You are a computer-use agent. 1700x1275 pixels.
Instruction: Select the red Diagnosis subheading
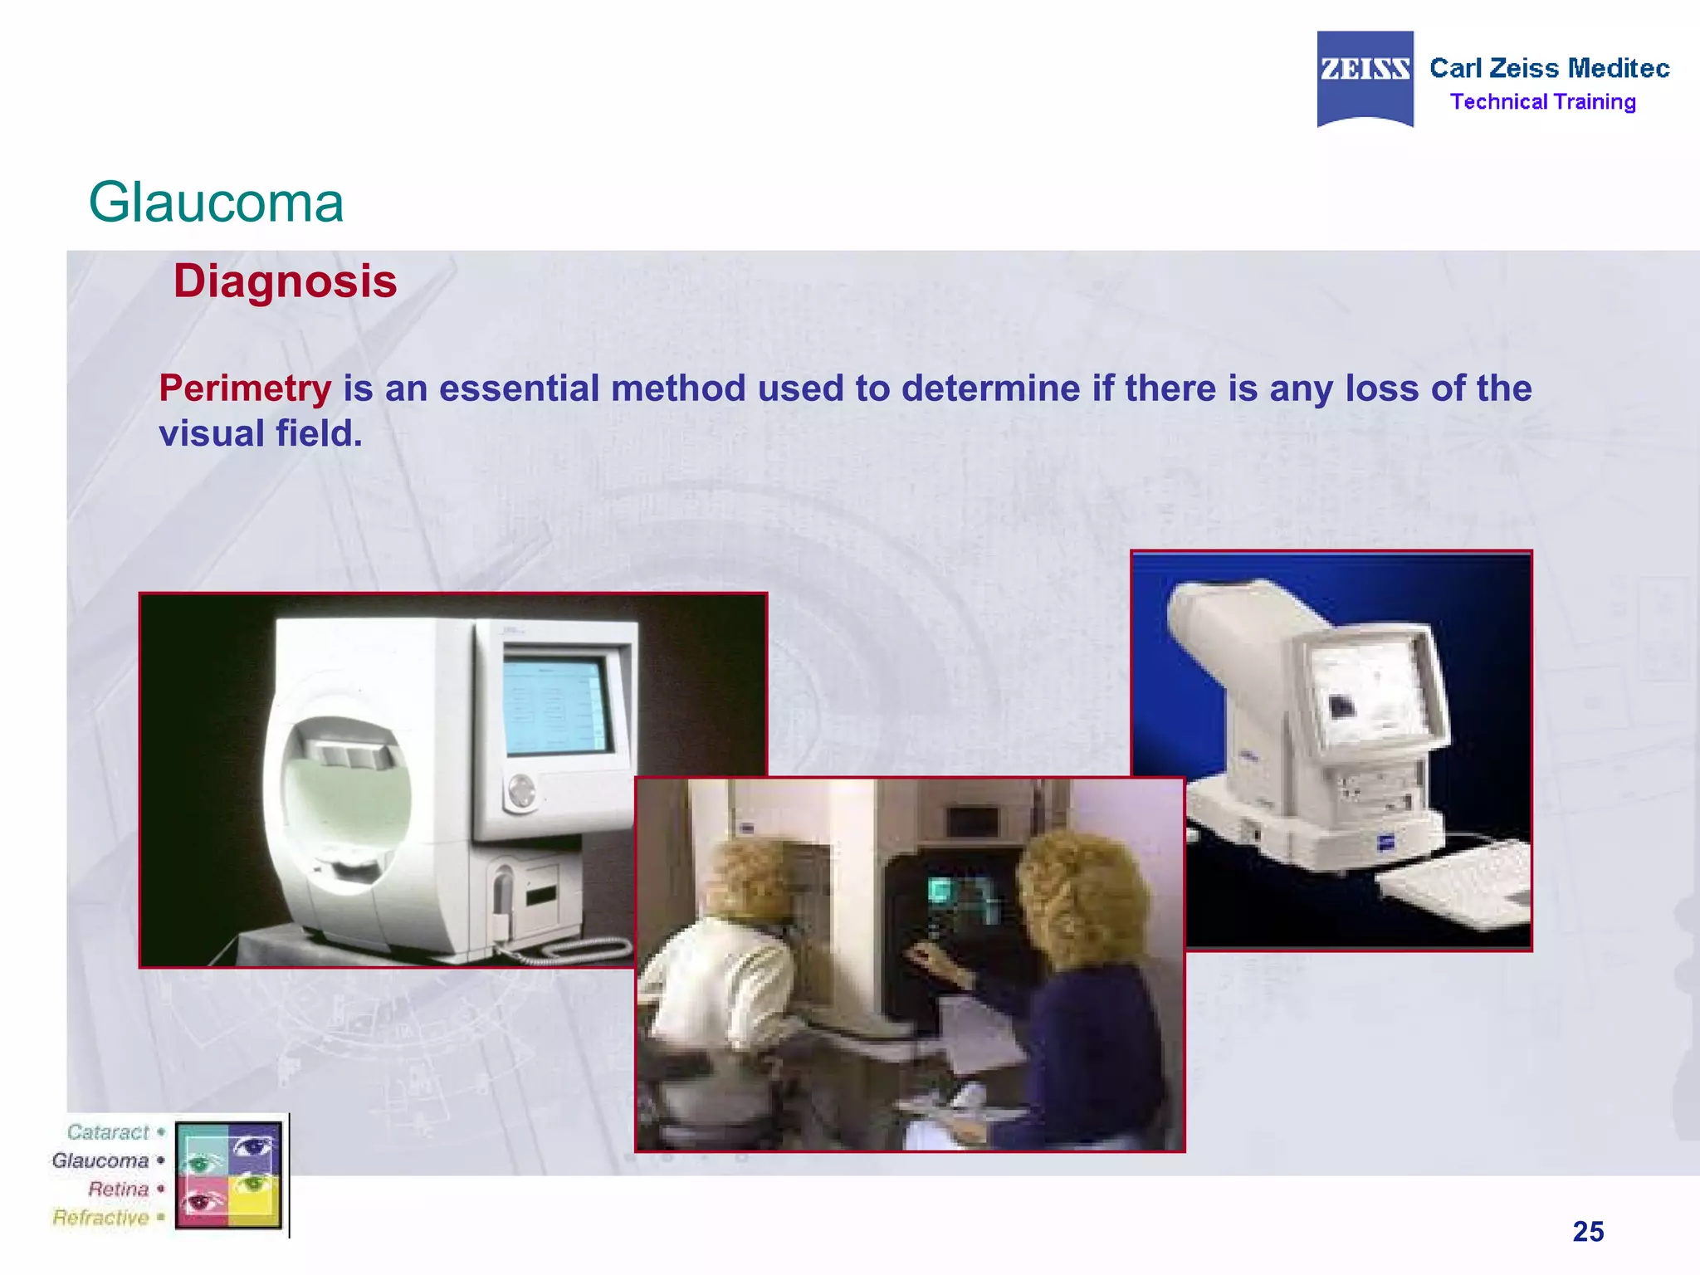point(285,281)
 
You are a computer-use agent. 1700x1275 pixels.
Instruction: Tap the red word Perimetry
point(245,388)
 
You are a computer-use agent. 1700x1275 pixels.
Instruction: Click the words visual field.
point(260,433)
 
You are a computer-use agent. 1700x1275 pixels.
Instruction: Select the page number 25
point(1588,1231)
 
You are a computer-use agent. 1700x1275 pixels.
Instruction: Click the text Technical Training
point(1542,102)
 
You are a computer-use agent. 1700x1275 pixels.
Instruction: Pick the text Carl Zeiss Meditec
point(1549,68)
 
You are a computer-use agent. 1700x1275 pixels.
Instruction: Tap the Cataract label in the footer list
point(108,1132)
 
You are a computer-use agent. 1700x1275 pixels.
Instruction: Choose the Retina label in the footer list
point(118,1189)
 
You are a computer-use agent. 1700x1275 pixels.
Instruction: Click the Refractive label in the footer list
point(100,1218)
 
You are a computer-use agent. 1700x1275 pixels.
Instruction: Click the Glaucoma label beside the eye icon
point(100,1160)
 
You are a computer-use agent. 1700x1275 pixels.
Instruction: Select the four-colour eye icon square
point(229,1174)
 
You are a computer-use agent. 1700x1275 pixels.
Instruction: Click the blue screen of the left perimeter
point(554,706)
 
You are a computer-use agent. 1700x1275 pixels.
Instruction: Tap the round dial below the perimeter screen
point(521,790)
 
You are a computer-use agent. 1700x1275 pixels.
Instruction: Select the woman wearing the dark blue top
point(1079,996)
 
